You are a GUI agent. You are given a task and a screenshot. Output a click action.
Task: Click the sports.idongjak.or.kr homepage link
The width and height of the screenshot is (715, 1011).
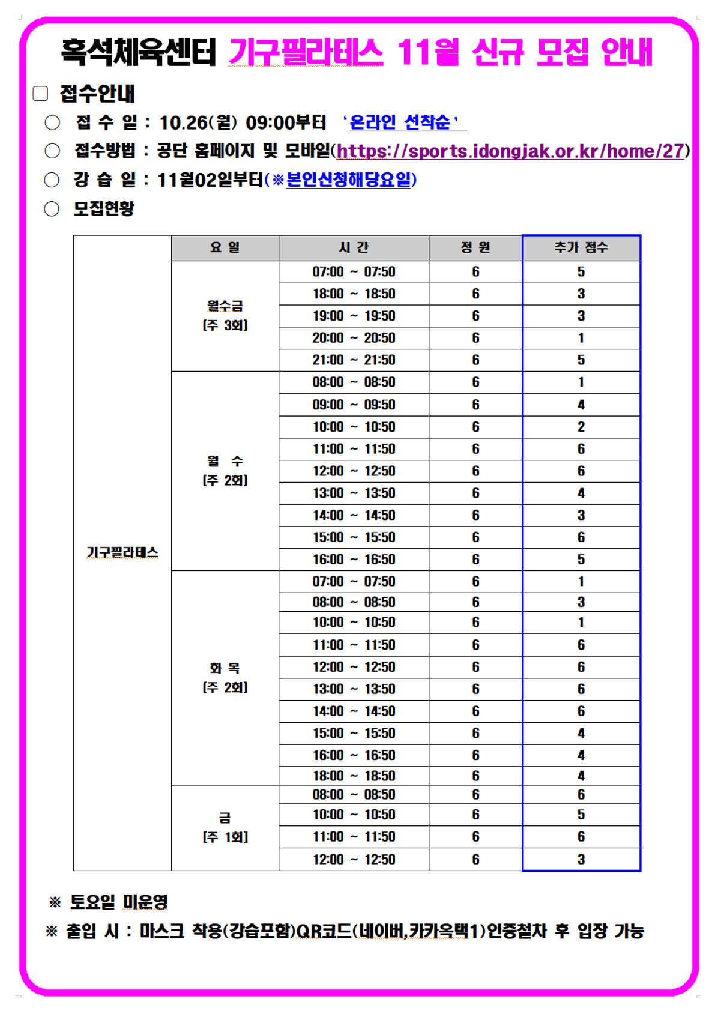pyautogui.click(x=510, y=151)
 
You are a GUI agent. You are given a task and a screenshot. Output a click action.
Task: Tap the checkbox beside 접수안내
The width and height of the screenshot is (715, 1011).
pyautogui.click(x=40, y=94)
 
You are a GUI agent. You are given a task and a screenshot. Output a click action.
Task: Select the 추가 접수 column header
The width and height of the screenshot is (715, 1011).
pyautogui.click(x=581, y=247)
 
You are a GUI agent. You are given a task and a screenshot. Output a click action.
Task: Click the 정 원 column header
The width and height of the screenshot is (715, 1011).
pyautogui.click(x=475, y=247)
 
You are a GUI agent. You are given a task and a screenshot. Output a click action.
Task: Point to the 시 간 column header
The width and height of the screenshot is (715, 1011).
pyautogui.click(x=354, y=247)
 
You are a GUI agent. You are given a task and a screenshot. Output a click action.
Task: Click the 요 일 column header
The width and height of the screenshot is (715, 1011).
pyautogui.click(x=225, y=247)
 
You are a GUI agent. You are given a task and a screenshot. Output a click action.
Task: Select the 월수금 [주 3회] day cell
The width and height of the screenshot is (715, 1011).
pyautogui.click(x=225, y=316)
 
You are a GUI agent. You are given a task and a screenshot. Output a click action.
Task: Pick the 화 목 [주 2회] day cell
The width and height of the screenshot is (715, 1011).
pyautogui.click(x=225, y=677)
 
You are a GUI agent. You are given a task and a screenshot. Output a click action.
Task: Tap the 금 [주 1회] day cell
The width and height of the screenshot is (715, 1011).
pyautogui.click(x=225, y=827)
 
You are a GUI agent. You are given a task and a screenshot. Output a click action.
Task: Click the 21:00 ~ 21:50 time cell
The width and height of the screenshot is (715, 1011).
pyautogui.click(x=354, y=360)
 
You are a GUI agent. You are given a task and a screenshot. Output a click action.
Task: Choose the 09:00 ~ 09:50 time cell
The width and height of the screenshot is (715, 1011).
pyautogui.click(x=354, y=405)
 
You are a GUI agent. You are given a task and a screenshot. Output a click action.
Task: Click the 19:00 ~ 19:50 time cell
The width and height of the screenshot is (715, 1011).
pyautogui.click(x=354, y=316)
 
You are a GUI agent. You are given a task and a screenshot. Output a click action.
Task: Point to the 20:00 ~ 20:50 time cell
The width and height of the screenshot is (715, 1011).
pyautogui.click(x=354, y=338)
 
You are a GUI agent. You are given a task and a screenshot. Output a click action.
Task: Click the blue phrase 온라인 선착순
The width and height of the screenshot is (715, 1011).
pyautogui.click(x=400, y=122)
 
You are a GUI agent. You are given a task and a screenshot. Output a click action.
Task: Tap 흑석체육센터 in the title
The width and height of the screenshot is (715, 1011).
pyautogui.click(x=138, y=52)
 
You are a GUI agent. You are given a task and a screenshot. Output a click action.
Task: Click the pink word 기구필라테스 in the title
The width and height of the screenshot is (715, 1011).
pyautogui.click(x=306, y=52)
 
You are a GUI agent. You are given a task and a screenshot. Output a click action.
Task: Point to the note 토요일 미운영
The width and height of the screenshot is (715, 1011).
pyautogui.click(x=119, y=901)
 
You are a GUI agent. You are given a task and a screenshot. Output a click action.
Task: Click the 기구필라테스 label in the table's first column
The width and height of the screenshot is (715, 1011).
pyautogui.click(x=122, y=552)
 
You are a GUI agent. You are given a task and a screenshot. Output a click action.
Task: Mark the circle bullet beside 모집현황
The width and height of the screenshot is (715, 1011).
pyautogui.click(x=52, y=209)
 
